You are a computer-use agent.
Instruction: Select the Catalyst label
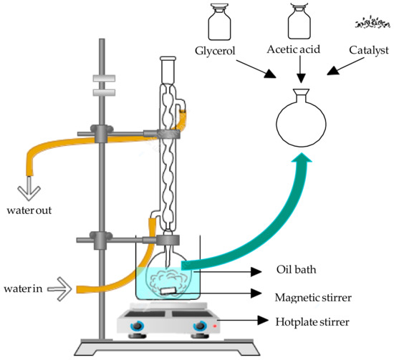368,52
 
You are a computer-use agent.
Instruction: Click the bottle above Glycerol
218,23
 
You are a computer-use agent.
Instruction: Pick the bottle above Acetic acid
299,23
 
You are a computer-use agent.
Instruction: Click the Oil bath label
295,271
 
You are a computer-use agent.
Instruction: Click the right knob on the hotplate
198,327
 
